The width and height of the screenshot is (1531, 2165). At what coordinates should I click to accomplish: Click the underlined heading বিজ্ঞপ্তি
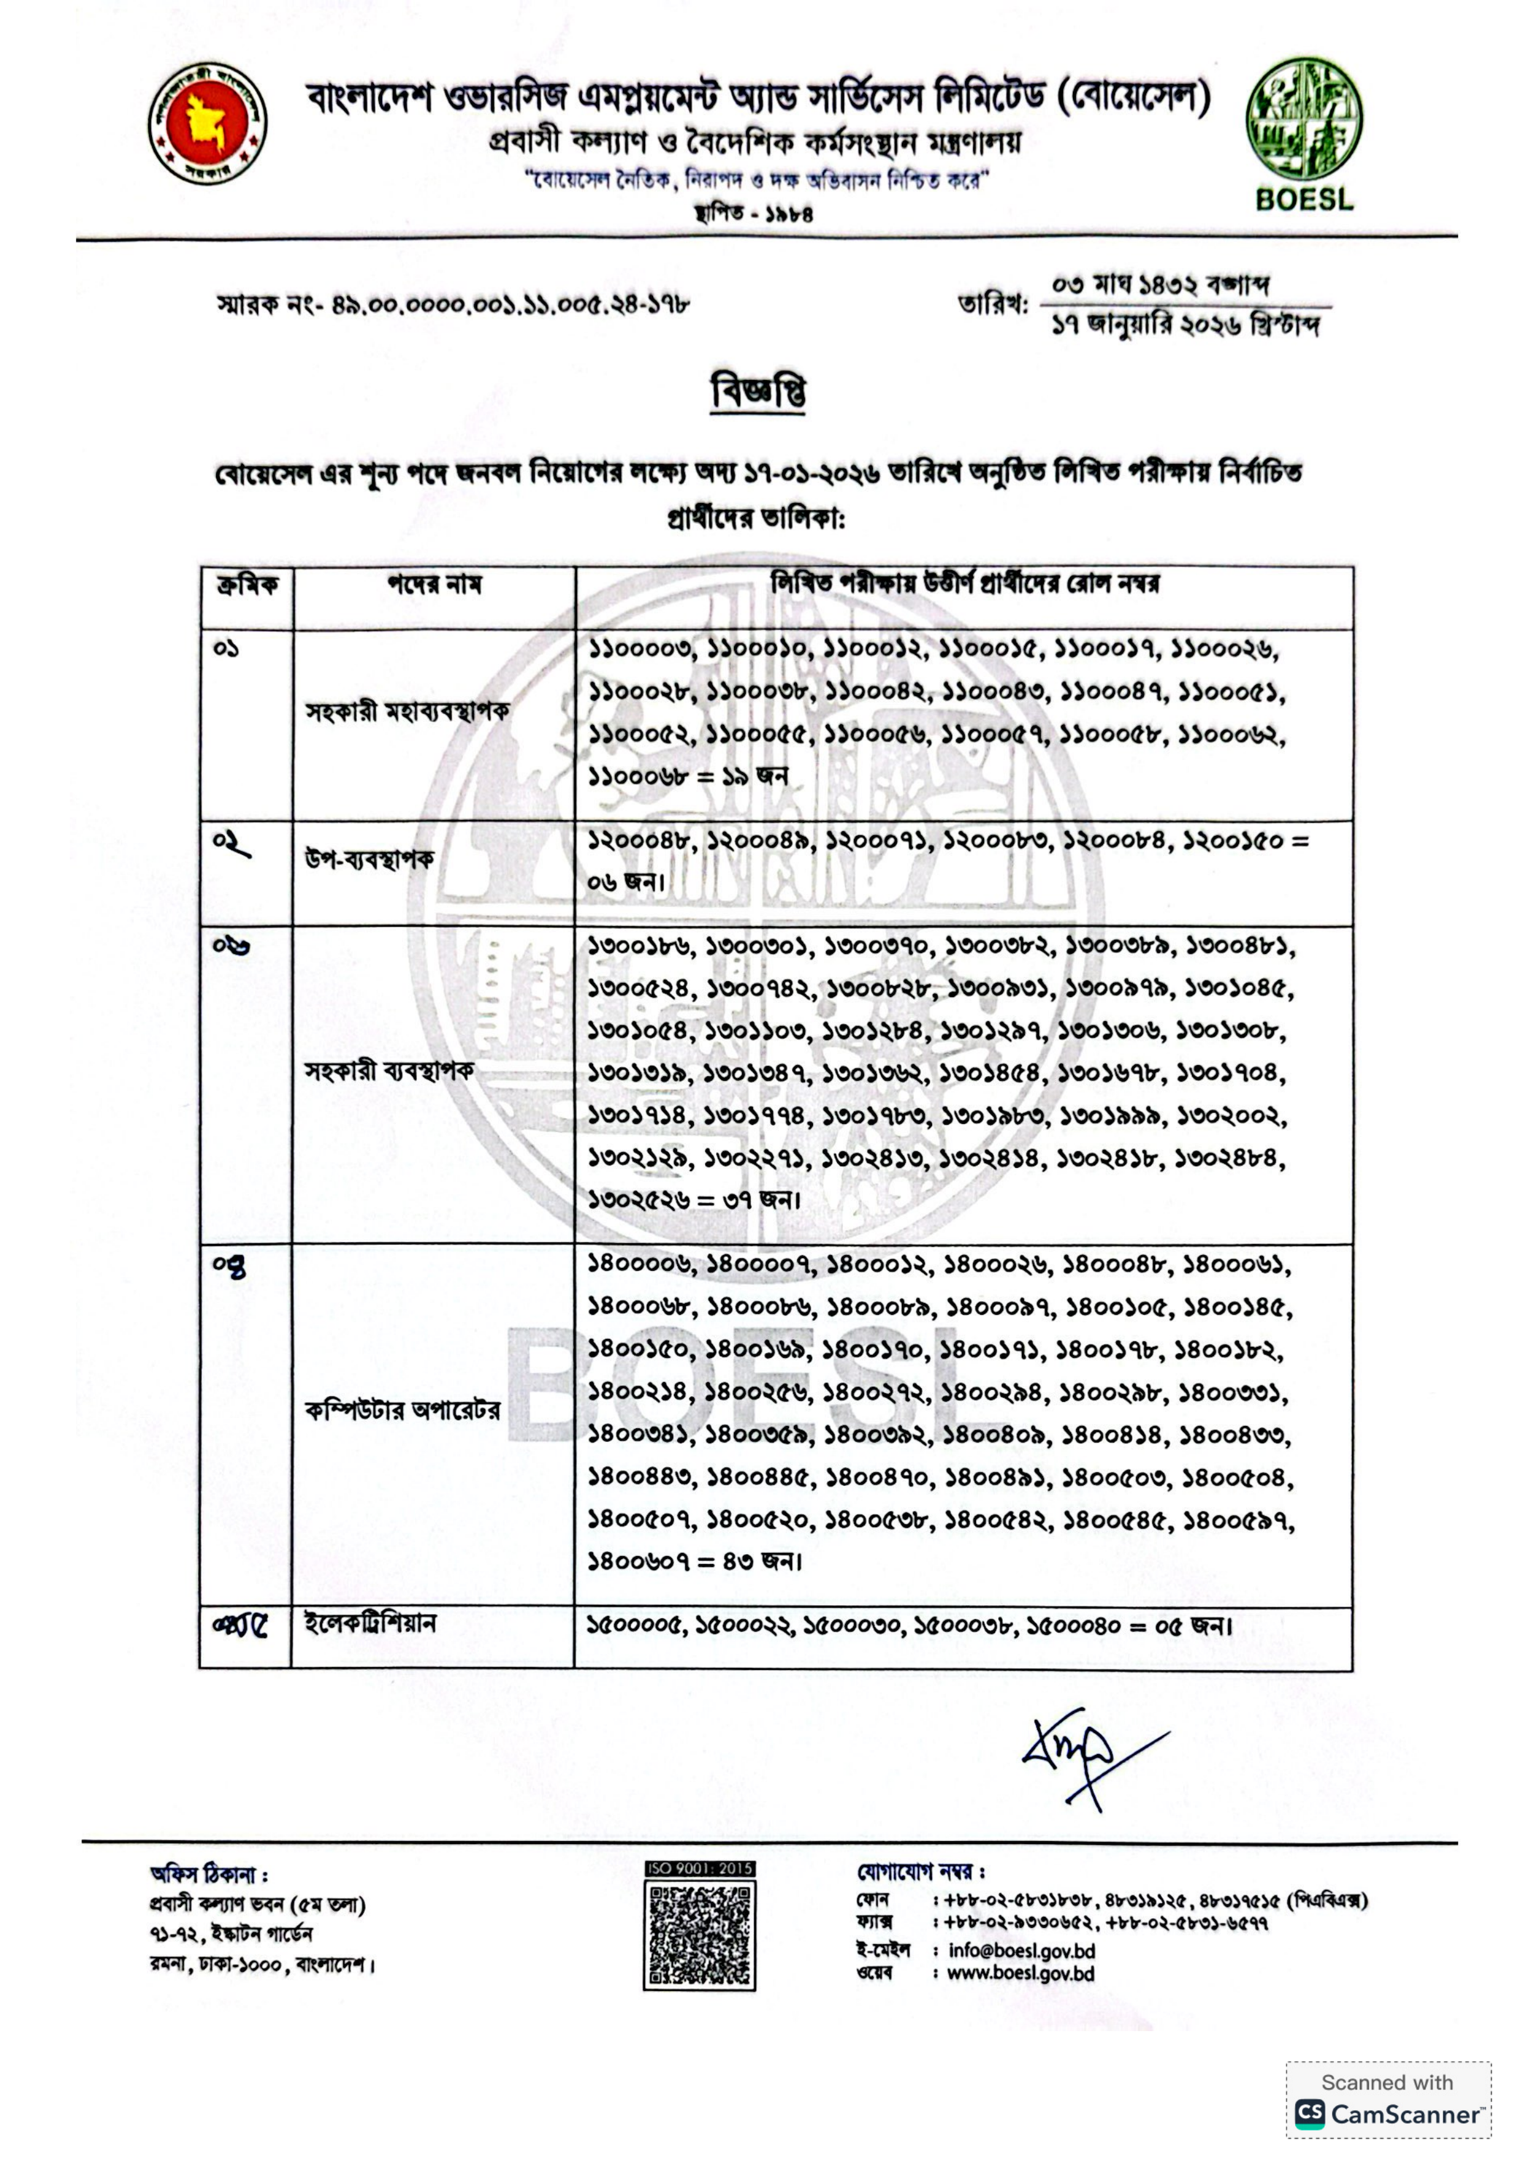(x=759, y=391)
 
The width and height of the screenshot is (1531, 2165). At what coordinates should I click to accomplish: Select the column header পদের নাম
(x=434, y=586)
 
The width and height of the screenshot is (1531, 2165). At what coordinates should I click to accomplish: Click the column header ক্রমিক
(x=246, y=586)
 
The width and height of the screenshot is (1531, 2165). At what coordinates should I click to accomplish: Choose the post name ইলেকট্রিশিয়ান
(x=370, y=1624)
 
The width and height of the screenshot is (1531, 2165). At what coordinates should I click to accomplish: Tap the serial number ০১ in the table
(x=227, y=648)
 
